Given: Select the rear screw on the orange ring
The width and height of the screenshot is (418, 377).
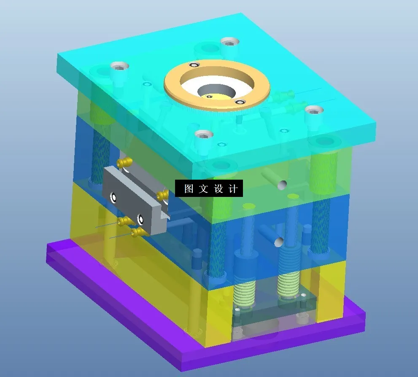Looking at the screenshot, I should coord(194,65).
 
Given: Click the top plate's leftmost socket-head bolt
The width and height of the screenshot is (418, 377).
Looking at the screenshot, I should coord(119,66).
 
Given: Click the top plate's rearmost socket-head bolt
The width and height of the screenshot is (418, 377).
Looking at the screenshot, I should coord(229,41).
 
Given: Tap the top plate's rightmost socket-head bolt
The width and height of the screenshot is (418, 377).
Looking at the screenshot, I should coord(314,110).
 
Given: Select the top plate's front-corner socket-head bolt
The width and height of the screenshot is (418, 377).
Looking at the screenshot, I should coord(204,135).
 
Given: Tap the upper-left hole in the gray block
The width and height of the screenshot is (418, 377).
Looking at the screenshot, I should coord(113,196).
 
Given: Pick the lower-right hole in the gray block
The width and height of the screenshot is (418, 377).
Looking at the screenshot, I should coord(140,219).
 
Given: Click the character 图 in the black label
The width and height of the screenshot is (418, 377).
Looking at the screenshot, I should coord(189,188).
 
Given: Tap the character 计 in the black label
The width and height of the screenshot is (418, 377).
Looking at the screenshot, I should coord(232,188).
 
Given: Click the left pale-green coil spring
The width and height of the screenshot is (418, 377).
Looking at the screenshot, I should coord(245,291).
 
